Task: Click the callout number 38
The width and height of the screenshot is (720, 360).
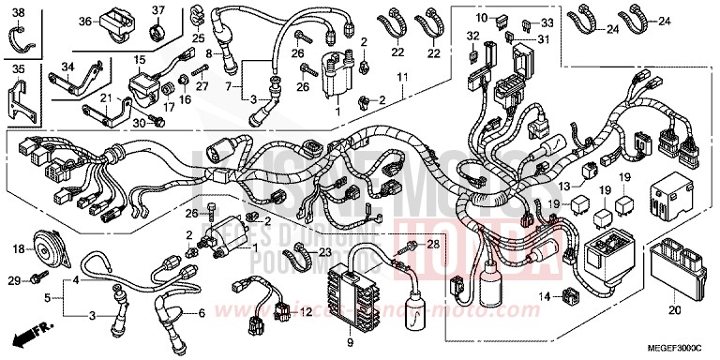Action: pos(19,11)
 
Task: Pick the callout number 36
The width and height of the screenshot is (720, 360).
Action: pos(83,22)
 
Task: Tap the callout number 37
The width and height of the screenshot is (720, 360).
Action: pos(157,11)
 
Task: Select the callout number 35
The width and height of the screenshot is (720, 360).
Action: pos(19,68)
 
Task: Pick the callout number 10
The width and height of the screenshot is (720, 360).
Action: pos(481,18)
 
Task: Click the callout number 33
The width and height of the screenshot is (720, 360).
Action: pos(547,22)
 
